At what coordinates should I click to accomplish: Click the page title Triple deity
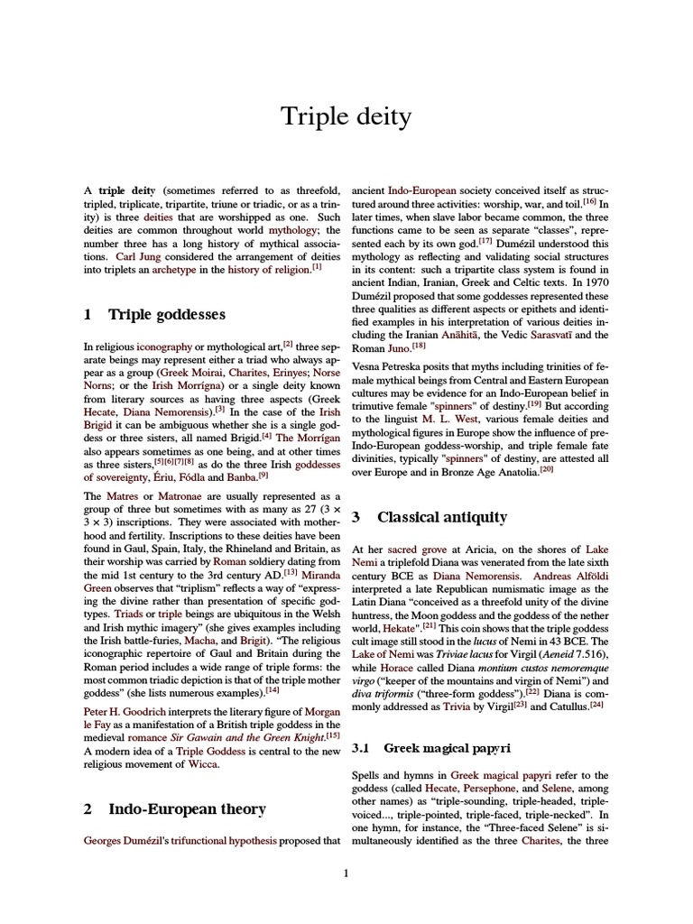346,115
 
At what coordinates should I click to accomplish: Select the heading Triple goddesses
167,314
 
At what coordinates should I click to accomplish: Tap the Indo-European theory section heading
187,809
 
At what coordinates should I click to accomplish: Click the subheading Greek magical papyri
448,748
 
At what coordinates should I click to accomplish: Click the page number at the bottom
346,873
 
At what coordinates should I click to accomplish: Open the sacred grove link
415,549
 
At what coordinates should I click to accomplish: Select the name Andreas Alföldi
567,575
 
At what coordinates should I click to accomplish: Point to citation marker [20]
546,469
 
